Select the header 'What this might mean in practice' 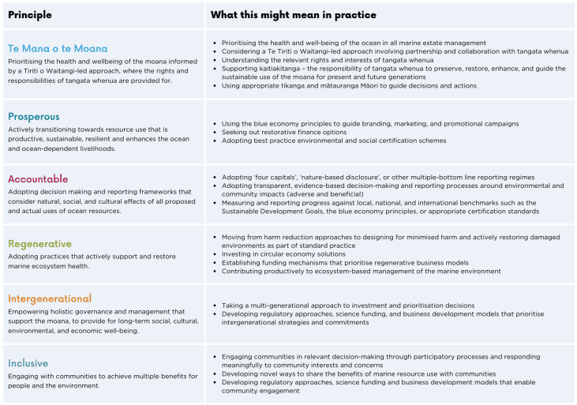point(293,15)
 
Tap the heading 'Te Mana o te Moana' point(58,48)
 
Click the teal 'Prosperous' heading point(35,116)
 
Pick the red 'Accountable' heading point(38,179)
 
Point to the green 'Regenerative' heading point(39,244)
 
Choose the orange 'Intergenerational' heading point(50,298)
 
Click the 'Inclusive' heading point(28,363)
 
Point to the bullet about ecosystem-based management point(361,271)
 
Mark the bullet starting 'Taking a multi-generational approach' point(348,305)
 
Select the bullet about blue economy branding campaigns point(370,124)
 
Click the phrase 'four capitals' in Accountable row point(275,177)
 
